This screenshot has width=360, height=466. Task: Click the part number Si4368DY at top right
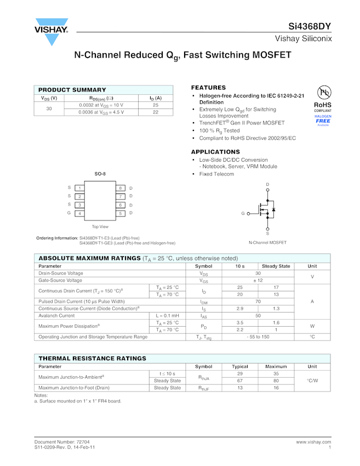coord(310,27)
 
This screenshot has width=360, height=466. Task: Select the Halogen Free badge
coord(323,120)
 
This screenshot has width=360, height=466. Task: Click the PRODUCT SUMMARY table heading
coord(72,90)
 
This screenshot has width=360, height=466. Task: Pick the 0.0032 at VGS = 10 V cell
coord(101,105)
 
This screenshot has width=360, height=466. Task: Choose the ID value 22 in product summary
coord(156,112)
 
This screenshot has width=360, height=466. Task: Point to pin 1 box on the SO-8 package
coord(79,188)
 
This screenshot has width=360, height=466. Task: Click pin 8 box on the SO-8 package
coord(120,188)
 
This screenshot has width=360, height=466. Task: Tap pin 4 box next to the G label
coord(79,213)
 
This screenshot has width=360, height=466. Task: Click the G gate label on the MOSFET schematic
coord(243,213)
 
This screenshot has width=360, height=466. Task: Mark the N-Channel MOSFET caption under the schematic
coord(267,242)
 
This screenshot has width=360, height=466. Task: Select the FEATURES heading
coord(208,88)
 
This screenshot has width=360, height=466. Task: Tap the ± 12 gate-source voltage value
coord(258,280)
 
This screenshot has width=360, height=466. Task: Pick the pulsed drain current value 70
coord(258,301)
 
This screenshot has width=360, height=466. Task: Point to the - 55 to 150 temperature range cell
coord(258,337)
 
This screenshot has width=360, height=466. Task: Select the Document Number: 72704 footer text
coord(62,441)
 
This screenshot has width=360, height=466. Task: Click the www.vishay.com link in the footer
coord(313,441)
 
